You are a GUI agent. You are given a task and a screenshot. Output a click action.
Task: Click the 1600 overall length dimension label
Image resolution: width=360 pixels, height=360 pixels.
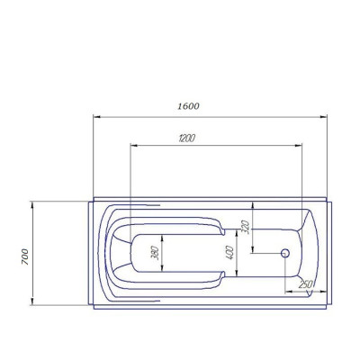pyautogui.click(x=188, y=106)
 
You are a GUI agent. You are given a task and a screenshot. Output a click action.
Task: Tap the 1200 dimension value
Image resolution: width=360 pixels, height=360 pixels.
pyautogui.click(x=186, y=139)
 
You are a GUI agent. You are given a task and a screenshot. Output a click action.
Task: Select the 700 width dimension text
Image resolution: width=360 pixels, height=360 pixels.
pyautogui.click(x=25, y=256)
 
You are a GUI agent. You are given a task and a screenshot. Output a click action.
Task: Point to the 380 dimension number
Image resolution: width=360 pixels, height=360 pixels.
pyautogui.click(x=155, y=253)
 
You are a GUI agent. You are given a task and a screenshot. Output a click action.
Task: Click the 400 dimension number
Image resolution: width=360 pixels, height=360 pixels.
pyautogui.click(x=229, y=253)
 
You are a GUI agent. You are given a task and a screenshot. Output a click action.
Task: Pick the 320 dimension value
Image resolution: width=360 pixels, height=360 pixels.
pyautogui.click(x=246, y=227)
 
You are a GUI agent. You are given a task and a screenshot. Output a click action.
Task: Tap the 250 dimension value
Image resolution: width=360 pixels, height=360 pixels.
pyautogui.click(x=306, y=284)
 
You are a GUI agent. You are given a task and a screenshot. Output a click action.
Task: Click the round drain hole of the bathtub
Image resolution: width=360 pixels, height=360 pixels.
pyautogui.click(x=285, y=253)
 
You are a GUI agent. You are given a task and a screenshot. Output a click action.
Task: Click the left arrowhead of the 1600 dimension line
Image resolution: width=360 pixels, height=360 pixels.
pyautogui.click(x=96, y=117)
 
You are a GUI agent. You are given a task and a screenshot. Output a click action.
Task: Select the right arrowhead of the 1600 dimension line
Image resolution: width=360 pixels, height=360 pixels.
pyautogui.click(x=323, y=117)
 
